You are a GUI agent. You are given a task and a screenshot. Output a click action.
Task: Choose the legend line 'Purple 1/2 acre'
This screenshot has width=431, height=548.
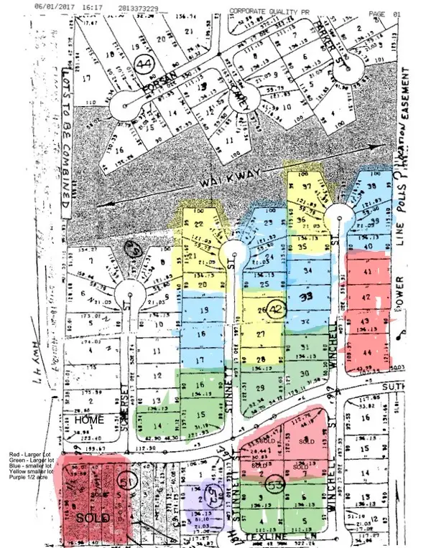tap(22, 480)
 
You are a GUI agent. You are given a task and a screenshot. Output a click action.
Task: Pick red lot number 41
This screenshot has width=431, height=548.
tap(367, 273)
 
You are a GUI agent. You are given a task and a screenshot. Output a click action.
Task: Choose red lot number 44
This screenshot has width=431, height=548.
tap(368, 352)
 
